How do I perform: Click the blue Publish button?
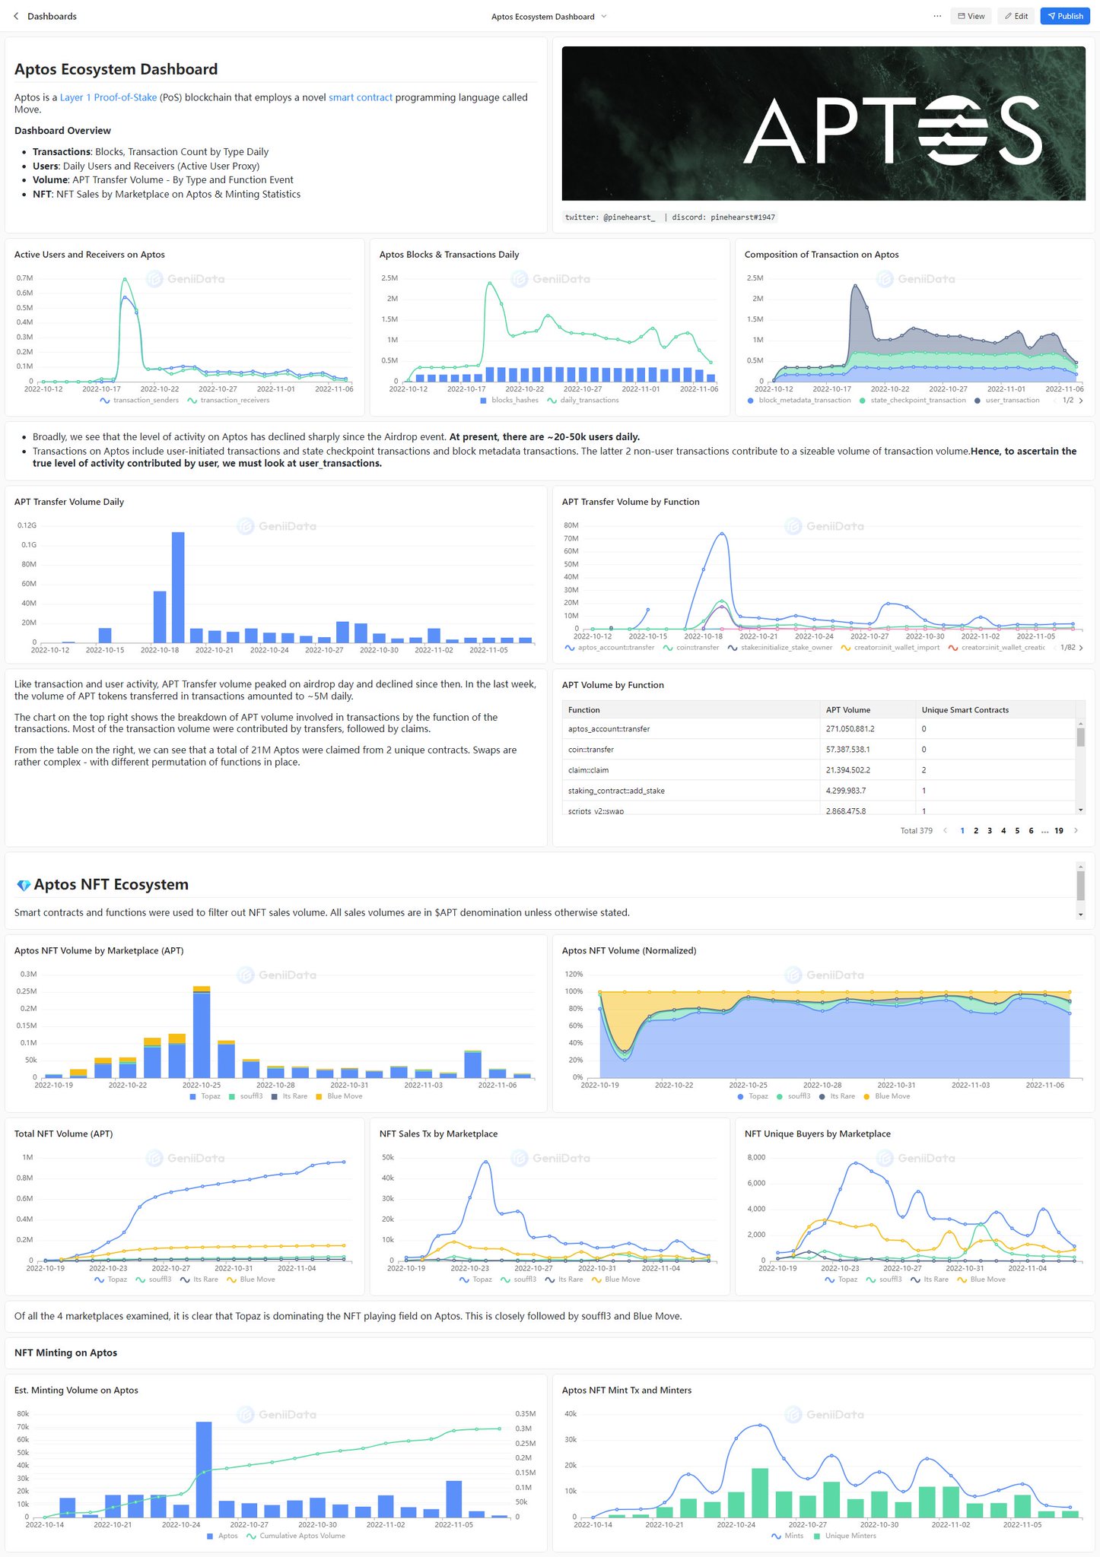[x=1064, y=16]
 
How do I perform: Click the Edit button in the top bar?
[x=1016, y=16]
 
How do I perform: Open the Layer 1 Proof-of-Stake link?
[x=108, y=97]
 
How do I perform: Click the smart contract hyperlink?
[x=361, y=97]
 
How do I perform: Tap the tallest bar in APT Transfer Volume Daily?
[x=178, y=586]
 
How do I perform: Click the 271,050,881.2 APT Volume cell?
[x=850, y=728]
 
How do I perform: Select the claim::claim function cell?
[x=588, y=769]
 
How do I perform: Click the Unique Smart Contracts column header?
[x=965, y=709]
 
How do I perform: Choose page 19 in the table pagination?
[x=1058, y=830]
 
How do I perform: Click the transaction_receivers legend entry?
[x=234, y=400]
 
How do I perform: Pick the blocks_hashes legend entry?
[x=513, y=400]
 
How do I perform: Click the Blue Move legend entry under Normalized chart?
[x=892, y=1096]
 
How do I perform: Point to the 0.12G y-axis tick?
[x=27, y=525]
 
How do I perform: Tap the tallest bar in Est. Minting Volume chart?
[x=204, y=1468]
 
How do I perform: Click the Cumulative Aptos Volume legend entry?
[x=301, y=1535]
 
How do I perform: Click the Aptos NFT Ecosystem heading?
[x=110, y=884]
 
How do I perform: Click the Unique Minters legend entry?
[x=850, y=1535]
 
